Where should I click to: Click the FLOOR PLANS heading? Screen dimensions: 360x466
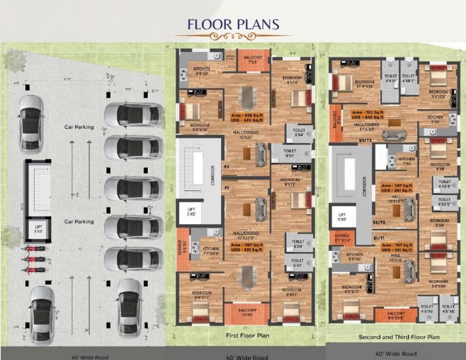[x=232, y=25]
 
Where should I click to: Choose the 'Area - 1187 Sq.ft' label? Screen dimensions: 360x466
[x=246, y=247]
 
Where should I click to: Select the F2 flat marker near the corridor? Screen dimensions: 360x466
[x=226, y=166]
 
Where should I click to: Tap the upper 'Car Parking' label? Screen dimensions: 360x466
[x=79, y=126]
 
